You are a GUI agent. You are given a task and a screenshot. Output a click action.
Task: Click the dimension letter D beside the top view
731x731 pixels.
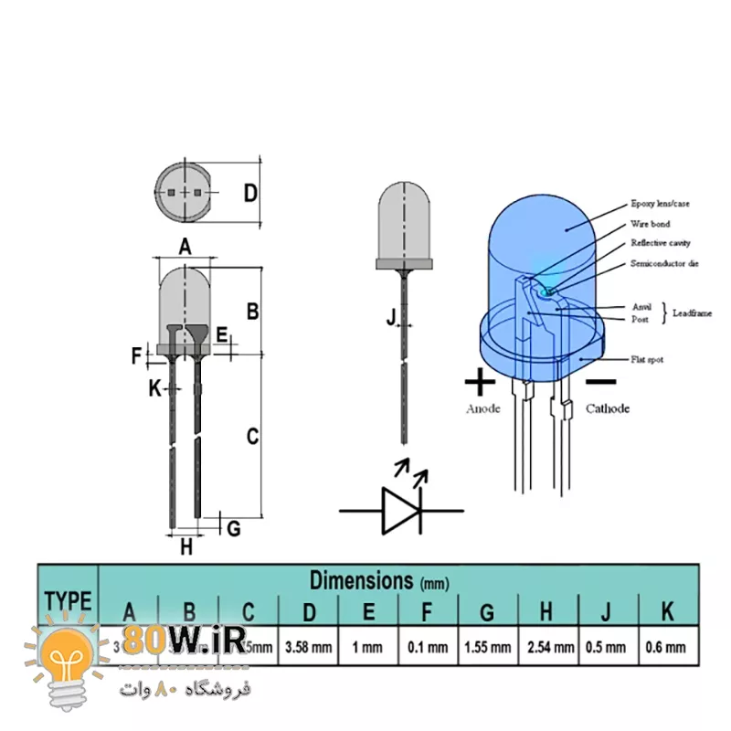click(x=250, y=193)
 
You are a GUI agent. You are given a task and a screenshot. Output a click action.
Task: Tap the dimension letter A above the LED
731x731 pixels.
click(x=185, y=246)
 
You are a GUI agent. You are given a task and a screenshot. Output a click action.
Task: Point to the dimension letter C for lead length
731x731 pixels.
click(x=253, y=437)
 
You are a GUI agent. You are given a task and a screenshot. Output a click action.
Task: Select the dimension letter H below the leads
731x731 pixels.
click(x=186, y=547)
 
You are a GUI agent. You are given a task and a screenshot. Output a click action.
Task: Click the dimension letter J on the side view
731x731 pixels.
click(x=392, y=318)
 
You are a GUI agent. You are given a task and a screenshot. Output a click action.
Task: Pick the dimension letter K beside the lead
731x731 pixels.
click(x=154, y=388)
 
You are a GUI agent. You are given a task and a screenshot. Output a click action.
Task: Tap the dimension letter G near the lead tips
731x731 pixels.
click(x=233, y=528)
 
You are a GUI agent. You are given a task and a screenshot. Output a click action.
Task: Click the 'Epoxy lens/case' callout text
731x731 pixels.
click(x=660, y=204)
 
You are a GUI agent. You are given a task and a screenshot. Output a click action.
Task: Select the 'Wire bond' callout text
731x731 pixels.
click(x=650, y=224)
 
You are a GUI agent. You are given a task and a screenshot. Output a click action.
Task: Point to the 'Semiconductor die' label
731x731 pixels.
click(x=664, y=264)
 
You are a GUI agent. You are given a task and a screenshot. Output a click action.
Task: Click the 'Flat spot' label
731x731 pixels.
click(x=647, y=359)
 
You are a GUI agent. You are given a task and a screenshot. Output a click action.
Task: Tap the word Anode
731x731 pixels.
click(x=483, y=408)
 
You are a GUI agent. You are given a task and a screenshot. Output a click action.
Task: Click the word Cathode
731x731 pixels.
click(x=608, y=408)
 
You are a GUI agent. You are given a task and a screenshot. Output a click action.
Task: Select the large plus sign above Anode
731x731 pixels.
click(x=480, y=381)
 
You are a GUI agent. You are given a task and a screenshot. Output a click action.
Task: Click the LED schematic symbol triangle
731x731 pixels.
click(x=400, y=510)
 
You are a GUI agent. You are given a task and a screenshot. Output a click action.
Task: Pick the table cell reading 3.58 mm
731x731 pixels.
click(x=308, y=647)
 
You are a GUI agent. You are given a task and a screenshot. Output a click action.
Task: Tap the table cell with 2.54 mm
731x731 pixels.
click(x=549, y=647)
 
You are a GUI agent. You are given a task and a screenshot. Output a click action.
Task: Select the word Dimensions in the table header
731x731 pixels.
click(x=362, y=579)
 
